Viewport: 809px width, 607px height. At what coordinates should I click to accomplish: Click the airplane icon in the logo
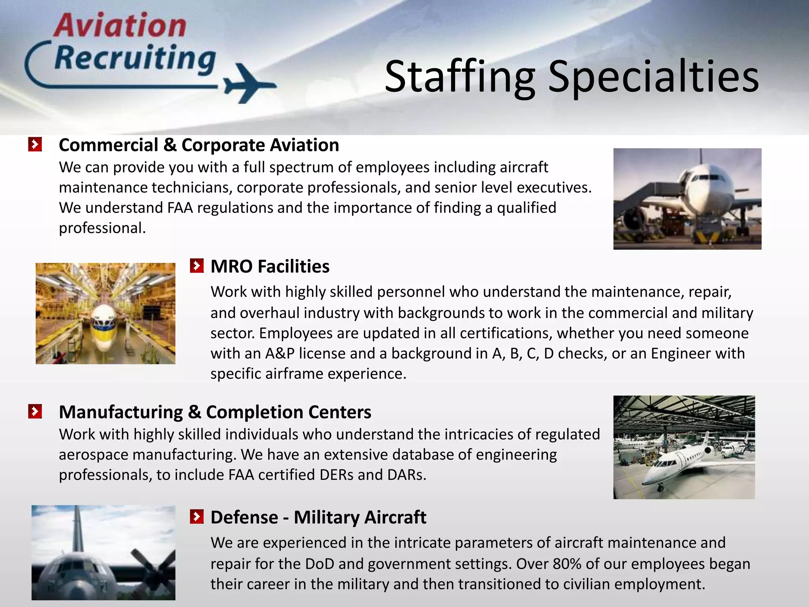[249, 83]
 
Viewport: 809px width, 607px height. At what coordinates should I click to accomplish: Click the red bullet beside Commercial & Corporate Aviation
[35, 145]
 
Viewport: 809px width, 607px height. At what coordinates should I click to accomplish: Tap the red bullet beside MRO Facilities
[196, 266]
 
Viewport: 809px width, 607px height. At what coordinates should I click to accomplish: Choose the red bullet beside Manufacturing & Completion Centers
[35, 412]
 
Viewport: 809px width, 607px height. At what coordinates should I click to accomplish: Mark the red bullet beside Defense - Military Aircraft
[196, 517]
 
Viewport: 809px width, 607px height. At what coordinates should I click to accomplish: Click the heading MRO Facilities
[270, 266]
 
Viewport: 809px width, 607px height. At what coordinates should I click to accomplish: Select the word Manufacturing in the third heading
[121, 412]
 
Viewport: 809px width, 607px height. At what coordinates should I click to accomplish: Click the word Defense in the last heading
[244, 517]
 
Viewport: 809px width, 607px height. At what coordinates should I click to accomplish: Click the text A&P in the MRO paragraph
[280, 353]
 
